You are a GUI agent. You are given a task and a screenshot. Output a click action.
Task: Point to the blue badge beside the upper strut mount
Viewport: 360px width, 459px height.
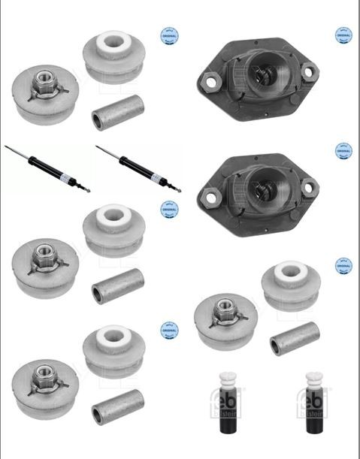point(343,35)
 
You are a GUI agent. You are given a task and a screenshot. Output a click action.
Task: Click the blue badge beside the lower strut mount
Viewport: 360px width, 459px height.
point(343,150)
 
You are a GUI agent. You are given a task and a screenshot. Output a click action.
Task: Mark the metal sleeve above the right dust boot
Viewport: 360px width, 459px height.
point(295,338)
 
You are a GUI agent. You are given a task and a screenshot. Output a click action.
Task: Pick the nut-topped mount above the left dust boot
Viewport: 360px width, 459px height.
point(225,318)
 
